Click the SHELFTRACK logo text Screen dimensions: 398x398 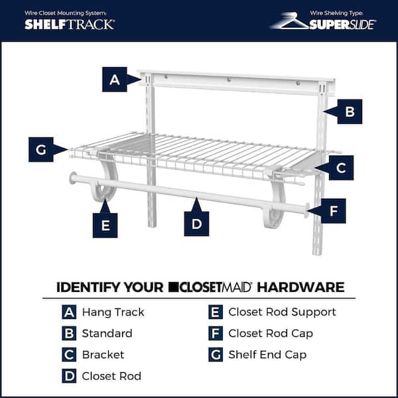click(x=70, y=24)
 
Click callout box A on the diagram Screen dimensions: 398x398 click(x=115, y=80)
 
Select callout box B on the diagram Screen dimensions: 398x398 click(x=350, y=111)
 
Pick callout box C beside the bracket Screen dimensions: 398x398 click(x=340, y=168)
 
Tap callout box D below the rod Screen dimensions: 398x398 click(x=196, y=224)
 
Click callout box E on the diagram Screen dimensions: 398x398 click(x=105, y=225)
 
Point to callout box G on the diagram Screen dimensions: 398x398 click(x=41, y=150)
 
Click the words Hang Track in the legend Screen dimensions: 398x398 click(x=113, y=312)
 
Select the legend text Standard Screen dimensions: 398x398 click(x=107, y=333)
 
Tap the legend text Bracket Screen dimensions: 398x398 click(x=103, y=354)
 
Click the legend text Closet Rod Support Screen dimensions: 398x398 click(x=282, y=312)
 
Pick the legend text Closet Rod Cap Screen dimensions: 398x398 click(x=271, y=333)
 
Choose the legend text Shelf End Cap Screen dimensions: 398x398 click(x=267, y=354)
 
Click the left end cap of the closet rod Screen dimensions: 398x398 click(x=73, y=178)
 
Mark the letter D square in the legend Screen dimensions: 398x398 click(x=69, y=375)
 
